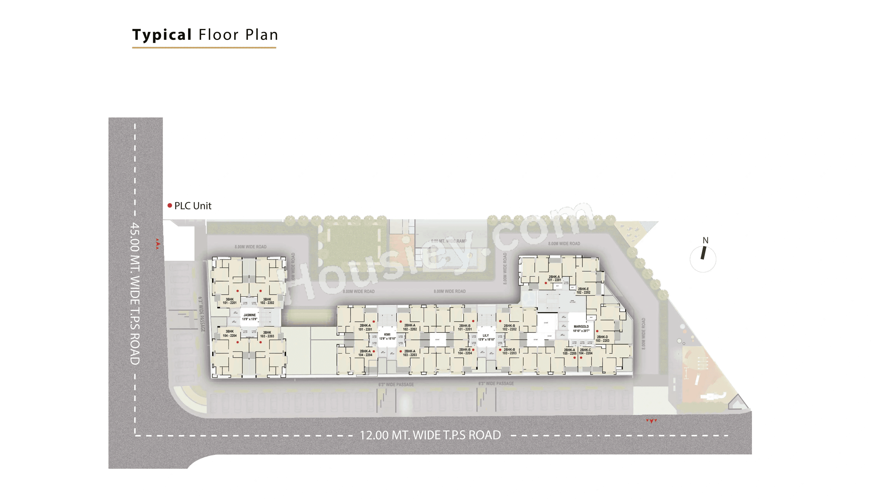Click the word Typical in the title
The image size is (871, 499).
pyautogui.click(x=162, y=35)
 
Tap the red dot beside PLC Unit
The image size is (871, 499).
pyautogui.click(x=169, y=206)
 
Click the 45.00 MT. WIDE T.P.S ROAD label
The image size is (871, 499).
pyautogui.click(x=135, y=294)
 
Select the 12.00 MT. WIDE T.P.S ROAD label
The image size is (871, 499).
pyautogui.click(x=430, y=435)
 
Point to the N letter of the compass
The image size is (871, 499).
pyautogui.click(x=705, y=240)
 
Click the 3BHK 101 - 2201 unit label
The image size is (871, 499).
pyautogui.click(x=230, y=301)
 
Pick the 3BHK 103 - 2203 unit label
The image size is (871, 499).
pyautogui.click(x=267, y=334)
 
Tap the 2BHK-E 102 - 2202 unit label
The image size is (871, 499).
pyautogui.click(x=583, y=291)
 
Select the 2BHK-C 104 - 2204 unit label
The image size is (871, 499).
pyautogui.click(x=585, y=351)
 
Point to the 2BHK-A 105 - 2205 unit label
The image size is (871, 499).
pyautogui.click(x=569, y=351)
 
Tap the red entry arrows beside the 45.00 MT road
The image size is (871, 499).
pyautogui.click(x=157, y=244)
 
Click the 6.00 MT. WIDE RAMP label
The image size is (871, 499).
pyautogui.click(x=449, y=241)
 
